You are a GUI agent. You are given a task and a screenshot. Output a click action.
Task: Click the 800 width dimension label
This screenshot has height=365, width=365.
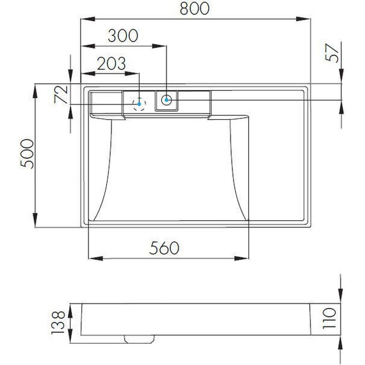195,8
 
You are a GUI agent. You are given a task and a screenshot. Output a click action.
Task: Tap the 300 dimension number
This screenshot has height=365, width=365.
123,36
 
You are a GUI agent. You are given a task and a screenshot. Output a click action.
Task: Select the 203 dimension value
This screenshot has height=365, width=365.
111,63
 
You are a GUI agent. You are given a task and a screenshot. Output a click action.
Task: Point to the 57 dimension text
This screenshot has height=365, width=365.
332,53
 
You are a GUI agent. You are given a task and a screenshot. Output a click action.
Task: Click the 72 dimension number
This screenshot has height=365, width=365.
61,95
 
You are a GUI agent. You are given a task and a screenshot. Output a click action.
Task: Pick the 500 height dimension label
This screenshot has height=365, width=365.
27,154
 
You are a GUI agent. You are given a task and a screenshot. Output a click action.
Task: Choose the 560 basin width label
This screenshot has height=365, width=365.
164,248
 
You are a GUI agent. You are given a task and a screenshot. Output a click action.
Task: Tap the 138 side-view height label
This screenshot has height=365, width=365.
58,322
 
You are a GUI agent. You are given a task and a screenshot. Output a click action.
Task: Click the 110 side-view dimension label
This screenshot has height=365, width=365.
329,318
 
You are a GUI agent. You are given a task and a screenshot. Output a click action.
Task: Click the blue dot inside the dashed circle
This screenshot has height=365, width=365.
139,104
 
